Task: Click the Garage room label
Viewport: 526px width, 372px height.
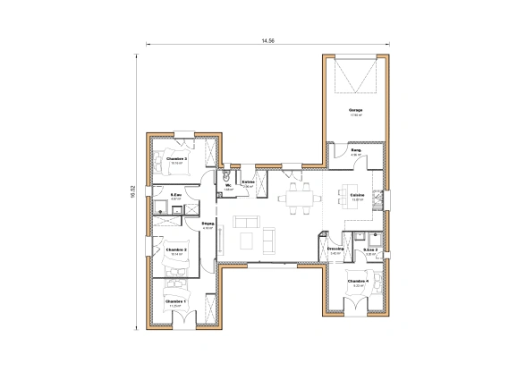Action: pos(356,110)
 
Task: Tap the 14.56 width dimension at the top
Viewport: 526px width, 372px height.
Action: pos(267,41)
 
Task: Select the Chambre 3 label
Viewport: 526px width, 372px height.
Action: pos(176,158)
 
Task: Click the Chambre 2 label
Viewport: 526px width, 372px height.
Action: pos(175,249)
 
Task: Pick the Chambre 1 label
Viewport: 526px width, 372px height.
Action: pos(175,301)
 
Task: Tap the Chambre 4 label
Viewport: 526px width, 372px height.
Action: pos(358,281)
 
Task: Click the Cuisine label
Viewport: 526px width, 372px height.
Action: pos(357,195)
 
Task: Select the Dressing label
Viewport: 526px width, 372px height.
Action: pos(335,249)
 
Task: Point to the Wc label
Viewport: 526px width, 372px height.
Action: pos(228,185)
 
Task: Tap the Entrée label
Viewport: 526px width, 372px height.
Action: pos(249,182)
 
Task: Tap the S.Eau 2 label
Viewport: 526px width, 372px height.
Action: pos(370,249)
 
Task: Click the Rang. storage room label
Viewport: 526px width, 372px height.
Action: pos(355,150)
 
